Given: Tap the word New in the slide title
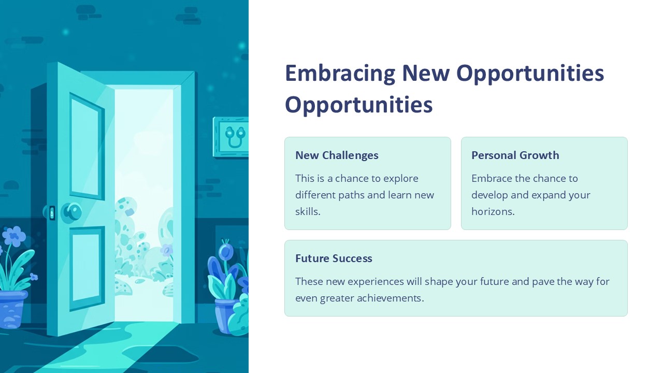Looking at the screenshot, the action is coord(426,73).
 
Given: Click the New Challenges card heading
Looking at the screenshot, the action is coord(337,155).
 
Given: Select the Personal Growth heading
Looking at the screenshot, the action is coord(515,155).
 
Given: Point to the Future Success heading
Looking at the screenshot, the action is coord(334,259).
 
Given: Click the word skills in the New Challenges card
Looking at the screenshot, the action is coord(308,211).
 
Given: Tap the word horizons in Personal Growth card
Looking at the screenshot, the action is coord(493,211).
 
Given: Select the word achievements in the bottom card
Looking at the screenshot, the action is coord(391,298).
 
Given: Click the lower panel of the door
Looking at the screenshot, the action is coord(87,269).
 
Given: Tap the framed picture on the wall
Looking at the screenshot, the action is coord(230,137).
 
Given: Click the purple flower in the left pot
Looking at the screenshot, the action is coord(14,236).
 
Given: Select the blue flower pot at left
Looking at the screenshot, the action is coord(12,309).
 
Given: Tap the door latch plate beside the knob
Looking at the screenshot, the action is coord(52,213).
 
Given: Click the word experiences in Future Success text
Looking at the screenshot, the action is coord(376,282).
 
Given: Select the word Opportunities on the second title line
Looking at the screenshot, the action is coord(359,105).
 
